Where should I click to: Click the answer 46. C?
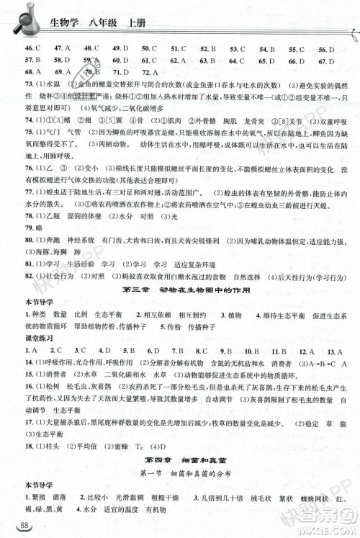tap(32, 48)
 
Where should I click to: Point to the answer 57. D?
tap(32, 60)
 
